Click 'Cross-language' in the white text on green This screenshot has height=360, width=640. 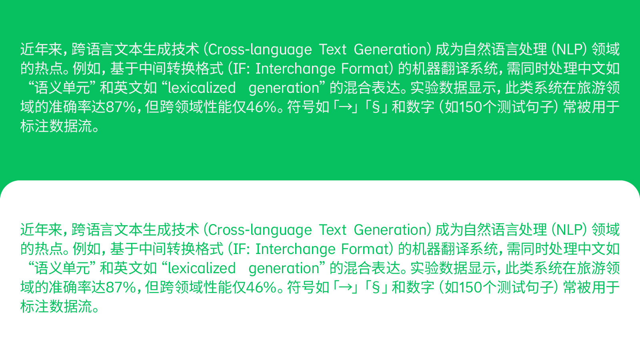point(260,50)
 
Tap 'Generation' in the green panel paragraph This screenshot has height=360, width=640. point(390,49)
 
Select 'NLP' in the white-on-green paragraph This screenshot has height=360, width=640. point(569,49)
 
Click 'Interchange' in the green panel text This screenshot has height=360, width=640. point(296,69)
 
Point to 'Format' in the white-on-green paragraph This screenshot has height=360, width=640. point(366,68)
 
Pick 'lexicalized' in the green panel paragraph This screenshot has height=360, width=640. point(202,88)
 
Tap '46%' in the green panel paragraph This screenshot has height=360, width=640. point(261,107)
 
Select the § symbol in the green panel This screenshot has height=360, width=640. point(376,107)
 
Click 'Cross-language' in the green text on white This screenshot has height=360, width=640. point(260,230)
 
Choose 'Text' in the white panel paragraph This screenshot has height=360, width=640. point(332,230)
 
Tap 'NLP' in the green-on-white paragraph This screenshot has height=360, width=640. point(569,230)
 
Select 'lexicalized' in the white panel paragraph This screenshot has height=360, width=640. point(202,268)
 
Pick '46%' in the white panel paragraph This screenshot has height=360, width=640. point(261,288)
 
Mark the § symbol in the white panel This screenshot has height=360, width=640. point(376,288)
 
